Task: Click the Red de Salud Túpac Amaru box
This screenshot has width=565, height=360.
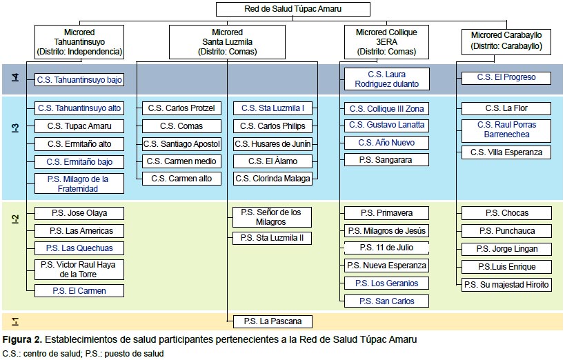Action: pyautogui.click(x=293, y=9)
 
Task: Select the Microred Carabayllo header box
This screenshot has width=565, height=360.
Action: pyautogui.click(x=506, y=42)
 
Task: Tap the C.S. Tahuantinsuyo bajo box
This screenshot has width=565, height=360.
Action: pyautogui.click(x=79, y=79)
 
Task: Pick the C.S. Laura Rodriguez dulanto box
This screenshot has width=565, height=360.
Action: pyautogui.click(x=386, y=79)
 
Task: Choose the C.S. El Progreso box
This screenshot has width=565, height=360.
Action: pyautogui.click(x=506, y=78)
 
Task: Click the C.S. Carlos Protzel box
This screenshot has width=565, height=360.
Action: pyautogui.click(x=181, y=108)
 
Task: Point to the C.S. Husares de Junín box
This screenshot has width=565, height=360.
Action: pyautogui.click(x=272, y=144)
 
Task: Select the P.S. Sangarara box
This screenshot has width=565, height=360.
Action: pyautogui.click(x=386, y=159)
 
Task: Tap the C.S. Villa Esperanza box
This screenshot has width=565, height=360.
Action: pyautogui.click(x=506, y=152)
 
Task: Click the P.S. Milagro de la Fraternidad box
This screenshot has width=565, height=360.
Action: pyautogui.click(x=79, y=183)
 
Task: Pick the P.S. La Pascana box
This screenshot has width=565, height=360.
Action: pyautogui.click(x=272, y=321)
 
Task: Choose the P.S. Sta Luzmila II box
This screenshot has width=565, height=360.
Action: pyautogui.click(x=272, y=238)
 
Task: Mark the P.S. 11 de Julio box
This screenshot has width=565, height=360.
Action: pyautogui.click(x=386, y=248)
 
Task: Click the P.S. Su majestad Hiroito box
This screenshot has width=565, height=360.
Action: pyautogui.click(x=506, y=285)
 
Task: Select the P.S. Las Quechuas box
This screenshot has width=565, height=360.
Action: pyautogui.click(x=79, y=248)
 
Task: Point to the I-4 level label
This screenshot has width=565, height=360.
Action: pyautogui.click(x=15, y=77)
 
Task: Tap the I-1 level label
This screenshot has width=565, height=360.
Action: pyautogui.click(x=15, y=321)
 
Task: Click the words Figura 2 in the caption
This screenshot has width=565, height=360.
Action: pyautogui.click(x=22, y=339)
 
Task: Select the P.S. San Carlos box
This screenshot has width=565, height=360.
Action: pyautogui.click(x=386, y=301)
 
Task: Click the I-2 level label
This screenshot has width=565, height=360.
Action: pyautogui.click(x=15, y=219)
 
